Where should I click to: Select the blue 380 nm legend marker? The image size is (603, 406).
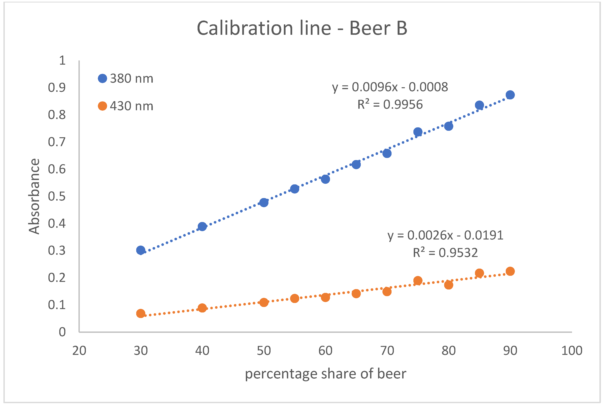click(102, 79)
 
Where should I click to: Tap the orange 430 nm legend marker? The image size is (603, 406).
click(102, 106)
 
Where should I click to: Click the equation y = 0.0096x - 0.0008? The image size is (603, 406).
click(390, 87)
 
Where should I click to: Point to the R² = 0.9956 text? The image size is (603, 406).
click(390, 105)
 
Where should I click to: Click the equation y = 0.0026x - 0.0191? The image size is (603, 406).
click(445, 235)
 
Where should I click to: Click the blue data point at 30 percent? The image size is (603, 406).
click(141, 250)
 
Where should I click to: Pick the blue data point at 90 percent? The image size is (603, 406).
click(510, 95)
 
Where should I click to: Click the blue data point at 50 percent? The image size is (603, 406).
click(264, 202)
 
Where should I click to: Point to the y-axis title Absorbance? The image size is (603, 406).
click(34, 196)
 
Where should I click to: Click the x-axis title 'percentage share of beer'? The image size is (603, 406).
click(325, 374)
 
